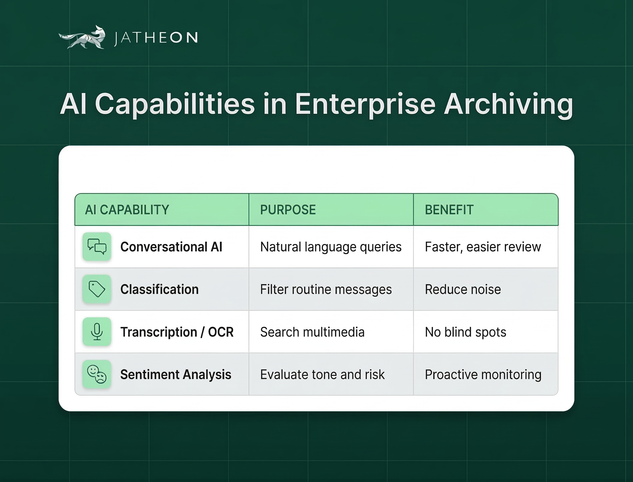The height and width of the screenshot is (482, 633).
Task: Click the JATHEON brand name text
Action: pos(156,38)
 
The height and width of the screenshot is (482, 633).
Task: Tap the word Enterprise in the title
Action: pos(365,104)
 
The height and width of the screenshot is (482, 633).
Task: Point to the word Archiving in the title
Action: pos(508,104)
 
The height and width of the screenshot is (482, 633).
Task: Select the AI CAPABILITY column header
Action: pos(127,210)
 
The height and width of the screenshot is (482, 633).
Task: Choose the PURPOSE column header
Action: pos(288,210)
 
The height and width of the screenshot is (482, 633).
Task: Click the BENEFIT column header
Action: pos(449,210)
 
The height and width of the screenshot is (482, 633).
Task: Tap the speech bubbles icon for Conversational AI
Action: pos(97,247)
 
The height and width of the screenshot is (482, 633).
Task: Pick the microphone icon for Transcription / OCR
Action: pos(97,332)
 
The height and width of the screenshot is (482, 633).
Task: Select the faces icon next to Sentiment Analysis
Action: pos(97,374)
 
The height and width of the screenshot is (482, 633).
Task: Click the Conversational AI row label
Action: pos(171,247)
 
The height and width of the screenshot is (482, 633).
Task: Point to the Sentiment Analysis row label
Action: pos(176,375)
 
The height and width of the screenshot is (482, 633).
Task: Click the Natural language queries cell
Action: pos(331,247)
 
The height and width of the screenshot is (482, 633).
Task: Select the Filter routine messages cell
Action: pos(326,290)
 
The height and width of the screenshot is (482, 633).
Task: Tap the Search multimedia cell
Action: pos(312,332)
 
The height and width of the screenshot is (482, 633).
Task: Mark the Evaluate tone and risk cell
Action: pos(322,375)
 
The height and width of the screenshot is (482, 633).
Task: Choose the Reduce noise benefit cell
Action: pos(463,290)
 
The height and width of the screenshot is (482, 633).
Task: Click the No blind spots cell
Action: pos(465,332)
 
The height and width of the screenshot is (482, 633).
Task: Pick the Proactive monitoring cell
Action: pos(483,375)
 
